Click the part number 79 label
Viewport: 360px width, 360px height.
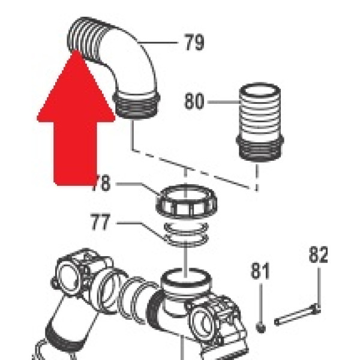[x=193, y=43]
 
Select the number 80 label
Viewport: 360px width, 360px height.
[x=194, y=101]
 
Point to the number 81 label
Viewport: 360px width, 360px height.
[x=260, y=272]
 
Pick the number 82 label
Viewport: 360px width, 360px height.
[x=319, y=256]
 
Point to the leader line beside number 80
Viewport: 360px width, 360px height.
[x=222, y=101]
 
